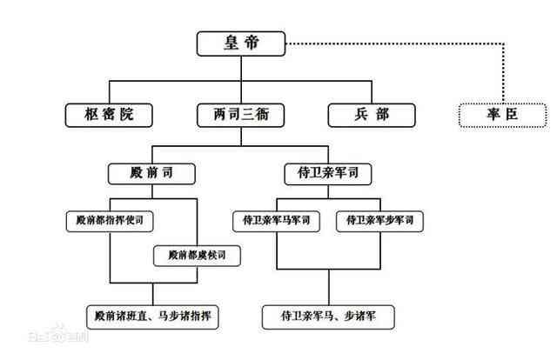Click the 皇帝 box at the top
241,43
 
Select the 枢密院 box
109,115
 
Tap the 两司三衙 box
241,115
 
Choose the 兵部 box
372,115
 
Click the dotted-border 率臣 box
503,115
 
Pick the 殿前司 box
151,174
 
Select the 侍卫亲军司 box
328,174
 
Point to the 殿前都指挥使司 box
110,221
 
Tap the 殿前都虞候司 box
197,256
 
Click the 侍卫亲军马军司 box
276,221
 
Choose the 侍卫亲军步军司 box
379,221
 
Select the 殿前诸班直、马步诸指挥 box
152,317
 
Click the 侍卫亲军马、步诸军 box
328,317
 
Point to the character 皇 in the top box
231,43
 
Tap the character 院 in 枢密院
127,114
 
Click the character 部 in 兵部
382,114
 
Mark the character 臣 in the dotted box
512,114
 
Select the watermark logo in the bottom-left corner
58,334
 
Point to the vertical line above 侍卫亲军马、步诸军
329,287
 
